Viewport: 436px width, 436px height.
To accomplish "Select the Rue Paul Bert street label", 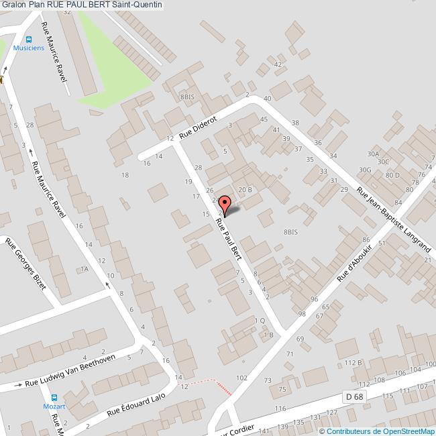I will click(229, 238).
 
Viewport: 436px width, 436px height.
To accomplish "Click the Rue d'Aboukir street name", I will click(354, 263).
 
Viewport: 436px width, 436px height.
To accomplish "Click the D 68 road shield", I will click(354, 396).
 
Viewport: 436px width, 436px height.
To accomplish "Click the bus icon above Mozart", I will click(56, 397).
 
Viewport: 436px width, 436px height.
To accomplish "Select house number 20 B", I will click(245, 190).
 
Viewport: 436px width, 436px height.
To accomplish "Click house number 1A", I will click(84, 269).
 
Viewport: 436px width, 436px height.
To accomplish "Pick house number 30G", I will click(365, 170).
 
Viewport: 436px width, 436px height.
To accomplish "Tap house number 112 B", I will click(353, 363).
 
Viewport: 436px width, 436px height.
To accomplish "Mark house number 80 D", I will click(392, 176).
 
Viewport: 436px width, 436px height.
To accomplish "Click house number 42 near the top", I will click(277, 64).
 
